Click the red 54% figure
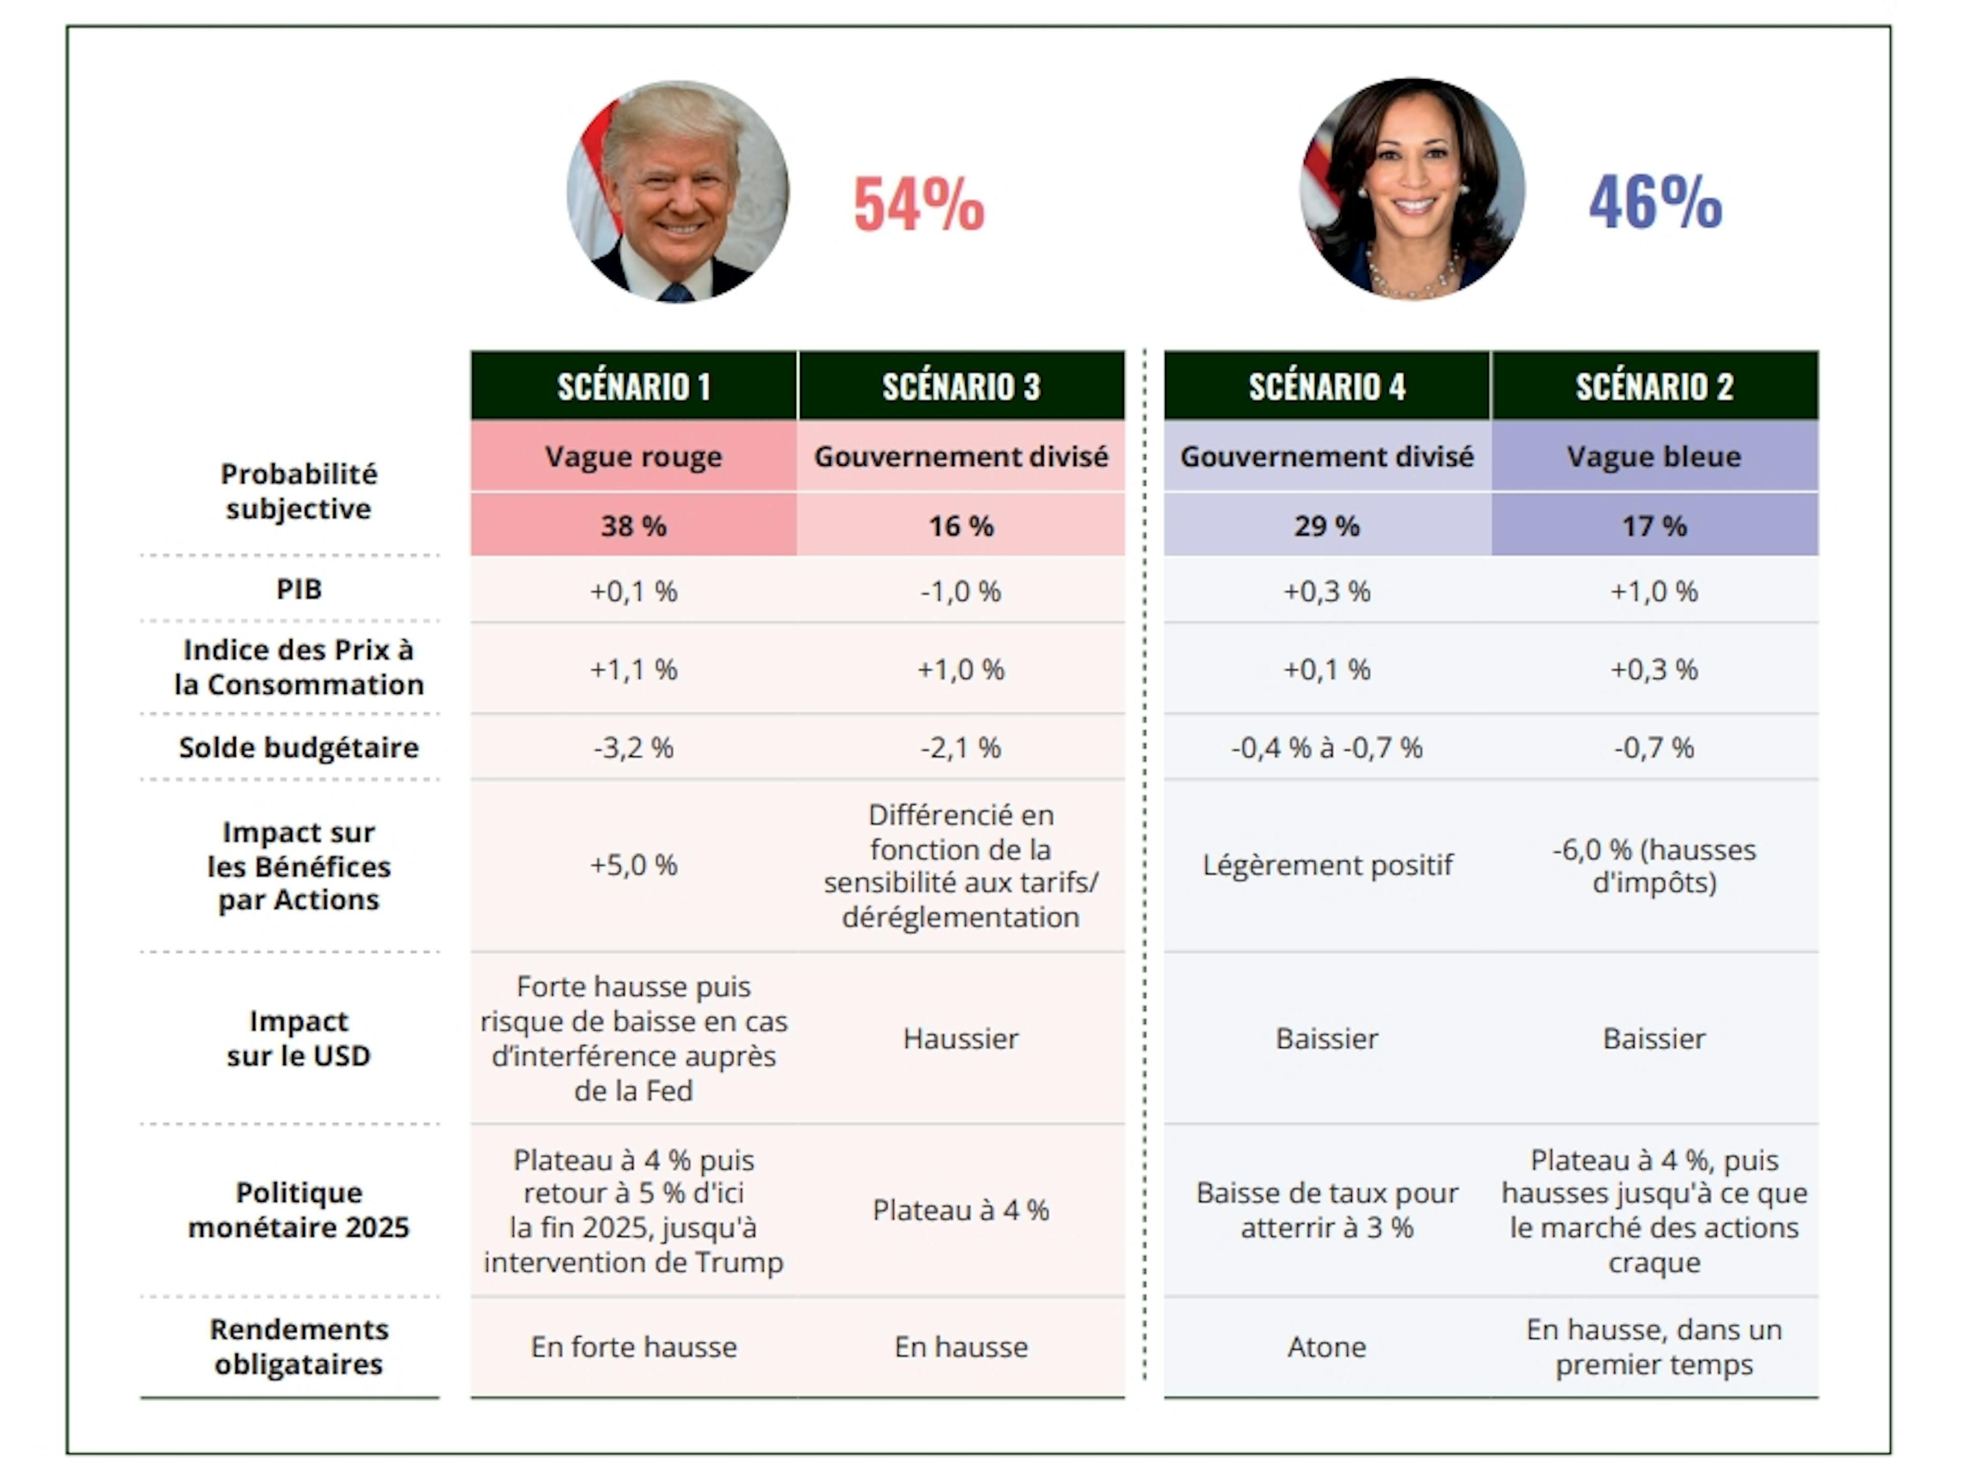coord(918,204)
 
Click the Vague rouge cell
coord(634,456)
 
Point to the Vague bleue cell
coord(1654,456)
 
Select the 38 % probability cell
coord(634,526)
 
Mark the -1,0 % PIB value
coord(961,591)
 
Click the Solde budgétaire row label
coord(299,748)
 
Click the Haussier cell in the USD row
coord(961,1038)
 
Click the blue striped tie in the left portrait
coord(677,292)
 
